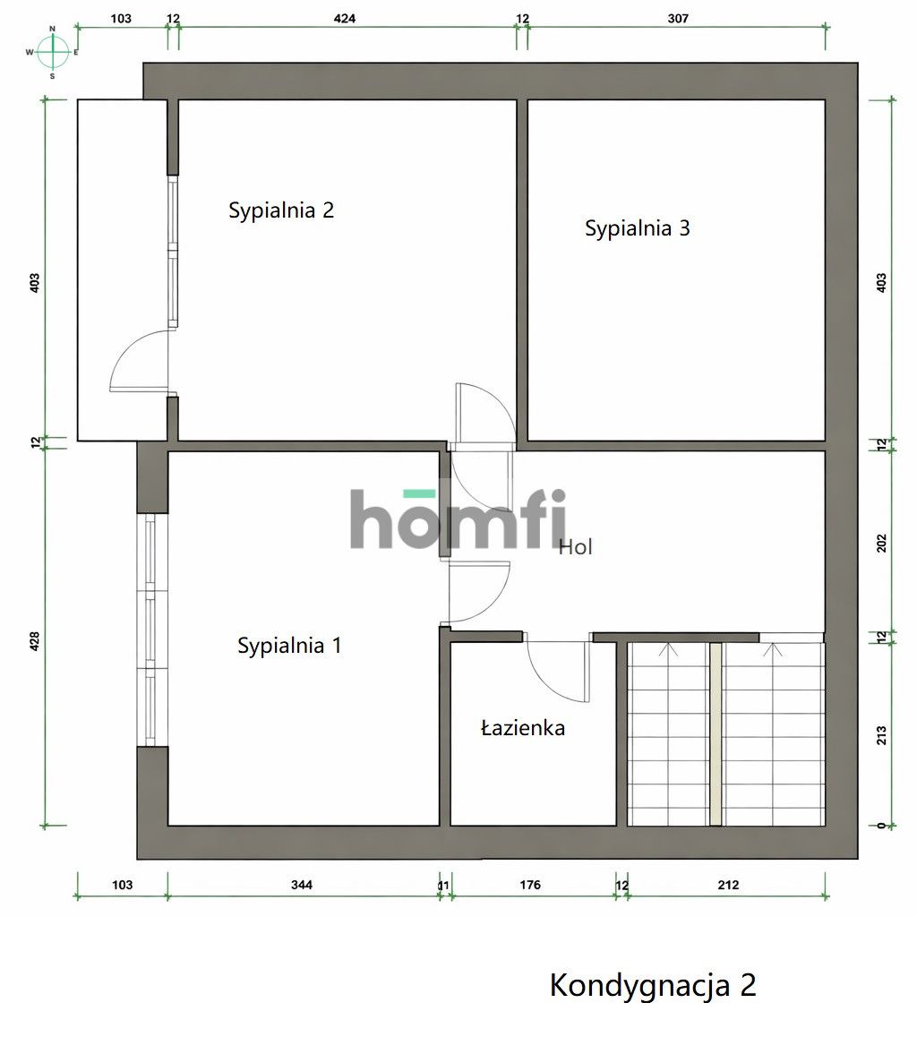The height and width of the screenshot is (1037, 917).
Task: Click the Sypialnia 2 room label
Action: click(x=281, y=210)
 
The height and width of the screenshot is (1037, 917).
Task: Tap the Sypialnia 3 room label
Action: click(x=638, y=228)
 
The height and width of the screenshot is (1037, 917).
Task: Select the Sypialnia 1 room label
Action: click(x=289, y=646)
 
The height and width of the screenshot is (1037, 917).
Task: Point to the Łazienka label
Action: click(x=522, y=728)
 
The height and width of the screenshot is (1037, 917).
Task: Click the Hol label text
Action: click(x=576, y=547)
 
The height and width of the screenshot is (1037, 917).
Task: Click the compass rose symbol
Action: click(x=53, y=52)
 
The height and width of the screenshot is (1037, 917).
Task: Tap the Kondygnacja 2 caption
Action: click(x=653, y=985)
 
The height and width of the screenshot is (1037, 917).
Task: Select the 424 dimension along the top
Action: click(x=345, y=19)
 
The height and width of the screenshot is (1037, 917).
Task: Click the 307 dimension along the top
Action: click(x=678, y=19)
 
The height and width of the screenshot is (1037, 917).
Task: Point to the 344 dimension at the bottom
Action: click(x=302, y=885)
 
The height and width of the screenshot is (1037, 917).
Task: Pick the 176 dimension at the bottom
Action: click(x=530, y=885)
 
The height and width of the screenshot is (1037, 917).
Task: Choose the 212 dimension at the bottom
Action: click(x=729, y=885)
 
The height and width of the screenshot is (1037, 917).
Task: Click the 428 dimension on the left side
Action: click(x=35, y=641)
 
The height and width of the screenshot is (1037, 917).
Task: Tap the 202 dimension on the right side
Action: click(x=881, y=544)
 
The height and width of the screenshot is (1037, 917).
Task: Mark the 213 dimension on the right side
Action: click(x=881, y=735)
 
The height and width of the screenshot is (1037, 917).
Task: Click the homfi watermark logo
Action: click(x=458, y=518)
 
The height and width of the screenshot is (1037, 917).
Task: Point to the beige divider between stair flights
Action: click(x=716, y=734)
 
